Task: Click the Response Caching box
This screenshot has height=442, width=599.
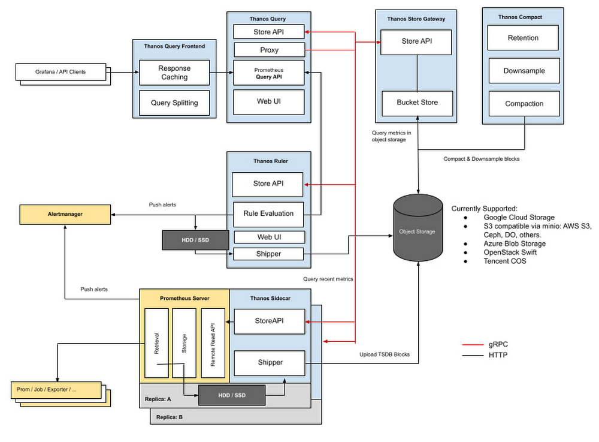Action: (174, 73)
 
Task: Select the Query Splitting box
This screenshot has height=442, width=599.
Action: (174, 103)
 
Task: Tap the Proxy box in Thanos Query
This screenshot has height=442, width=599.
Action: (269, 50)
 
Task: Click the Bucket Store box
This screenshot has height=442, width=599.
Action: (417, 103)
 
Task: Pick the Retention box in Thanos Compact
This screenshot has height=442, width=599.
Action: (523, 38)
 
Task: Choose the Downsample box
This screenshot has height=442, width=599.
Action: (523, 71)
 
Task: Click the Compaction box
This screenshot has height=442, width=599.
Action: (523, 104)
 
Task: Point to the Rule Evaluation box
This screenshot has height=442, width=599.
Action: (268, 214)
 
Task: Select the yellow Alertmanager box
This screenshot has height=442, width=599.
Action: (65, 214)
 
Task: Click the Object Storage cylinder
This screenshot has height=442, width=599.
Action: (418, 231)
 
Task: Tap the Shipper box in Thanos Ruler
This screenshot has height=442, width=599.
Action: (268, 254)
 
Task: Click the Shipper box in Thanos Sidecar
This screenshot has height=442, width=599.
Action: (270, 362)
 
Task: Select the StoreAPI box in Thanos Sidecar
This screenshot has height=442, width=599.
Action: (269, 321)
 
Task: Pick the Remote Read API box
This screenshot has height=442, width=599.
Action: (213, 343)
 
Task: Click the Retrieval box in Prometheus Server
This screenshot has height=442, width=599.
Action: (156, 343)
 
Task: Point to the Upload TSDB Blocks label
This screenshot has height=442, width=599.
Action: (385, 354)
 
